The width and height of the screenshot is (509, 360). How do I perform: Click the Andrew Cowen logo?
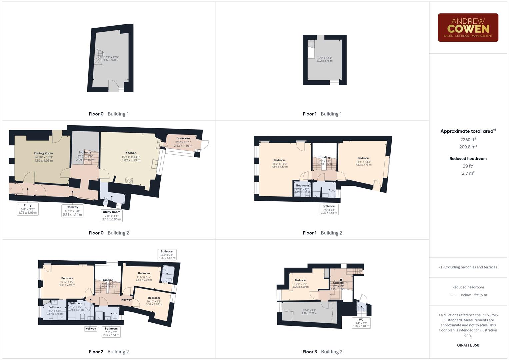468,28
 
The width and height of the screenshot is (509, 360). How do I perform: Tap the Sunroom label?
183,138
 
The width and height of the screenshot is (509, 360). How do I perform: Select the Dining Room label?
44,153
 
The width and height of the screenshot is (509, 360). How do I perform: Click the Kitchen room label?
131,153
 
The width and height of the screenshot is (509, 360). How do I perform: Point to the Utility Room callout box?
111,215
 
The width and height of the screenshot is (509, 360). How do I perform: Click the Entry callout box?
28,209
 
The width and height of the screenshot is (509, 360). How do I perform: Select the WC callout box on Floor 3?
361,323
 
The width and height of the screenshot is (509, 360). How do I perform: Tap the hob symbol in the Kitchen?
129,181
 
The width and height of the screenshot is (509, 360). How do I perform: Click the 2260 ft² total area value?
468,140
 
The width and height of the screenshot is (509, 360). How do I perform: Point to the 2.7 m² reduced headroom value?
468,173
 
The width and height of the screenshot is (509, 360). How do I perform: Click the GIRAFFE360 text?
468,345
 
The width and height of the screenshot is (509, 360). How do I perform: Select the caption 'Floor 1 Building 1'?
322,114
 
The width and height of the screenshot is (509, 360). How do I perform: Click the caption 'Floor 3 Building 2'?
322,352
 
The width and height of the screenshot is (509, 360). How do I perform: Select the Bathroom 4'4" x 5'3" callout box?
167,255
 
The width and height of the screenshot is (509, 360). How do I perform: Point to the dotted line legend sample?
454,295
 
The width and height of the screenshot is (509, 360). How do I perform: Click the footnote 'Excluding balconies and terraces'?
468,267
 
